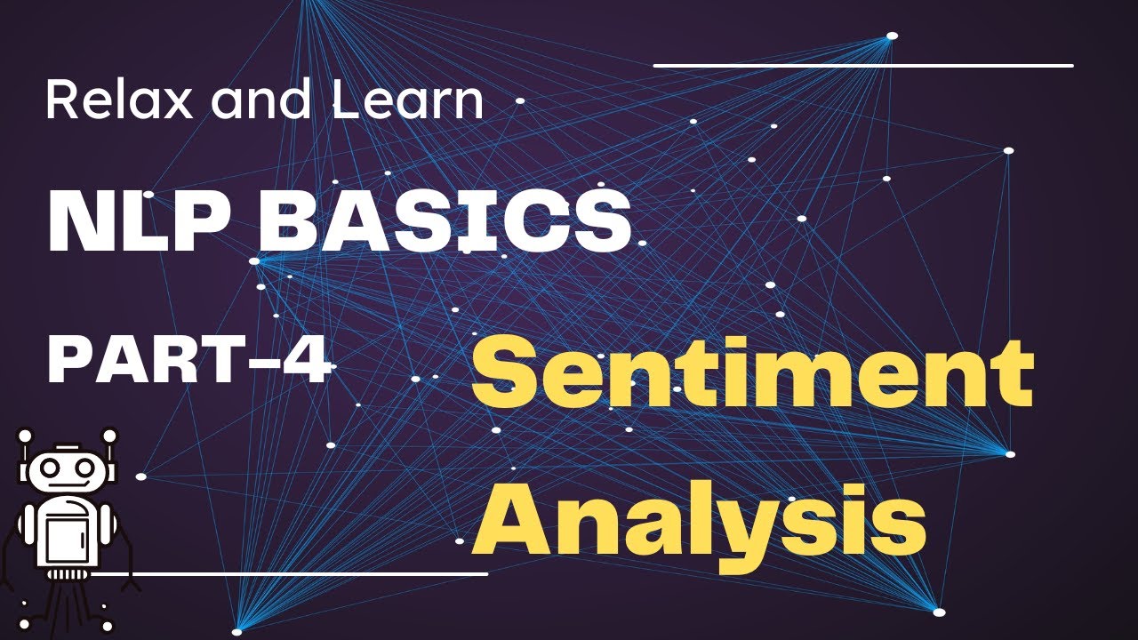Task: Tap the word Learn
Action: tap(408, 100)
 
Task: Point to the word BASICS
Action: tap(446, 222)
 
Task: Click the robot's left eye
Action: tap(50, 468)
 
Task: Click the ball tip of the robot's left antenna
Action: tap(25, 436)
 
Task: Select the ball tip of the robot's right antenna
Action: tap(109, 436)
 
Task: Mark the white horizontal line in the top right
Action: tap(863, 66)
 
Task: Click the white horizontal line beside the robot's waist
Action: tap(290, 574)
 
